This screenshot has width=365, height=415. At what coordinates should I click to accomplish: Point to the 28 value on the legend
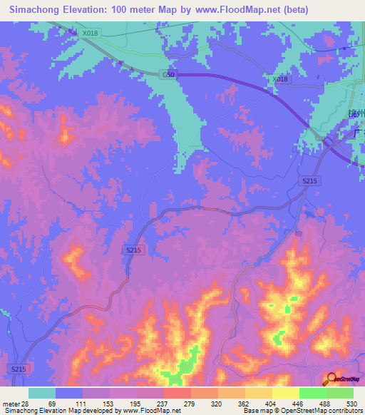pyautogui.click(x=24, y=404)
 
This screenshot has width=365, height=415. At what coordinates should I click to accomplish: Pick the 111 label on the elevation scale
pyautogui.click(x=83, y=404)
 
